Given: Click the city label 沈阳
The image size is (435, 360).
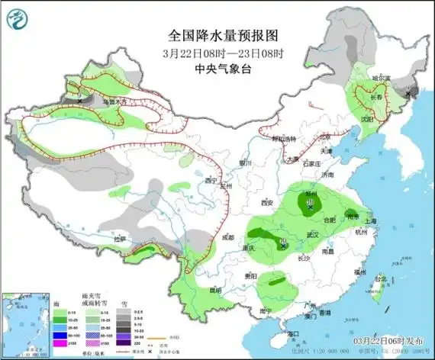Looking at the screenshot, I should (x=367, y=120).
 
